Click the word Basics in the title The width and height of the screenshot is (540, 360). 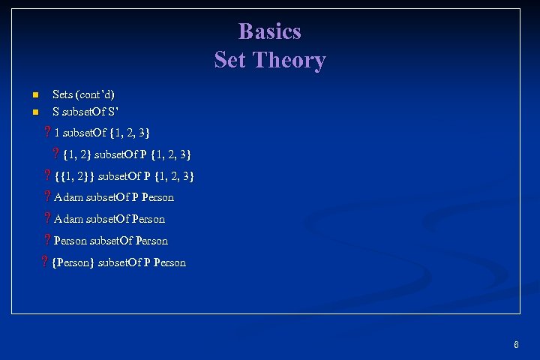(x=269, y=31)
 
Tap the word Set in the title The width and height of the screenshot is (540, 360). (x=230, y=60)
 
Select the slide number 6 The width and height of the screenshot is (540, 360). (x=516, y=345)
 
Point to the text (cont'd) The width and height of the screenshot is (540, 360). (x=95, y=94)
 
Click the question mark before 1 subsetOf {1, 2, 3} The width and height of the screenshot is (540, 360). (x=46, y=133)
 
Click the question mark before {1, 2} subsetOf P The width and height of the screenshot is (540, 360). (x=56, y=154)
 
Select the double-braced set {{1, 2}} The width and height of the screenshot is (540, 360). (x=75, y=176)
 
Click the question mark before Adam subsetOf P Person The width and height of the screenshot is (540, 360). (x=47, y=197)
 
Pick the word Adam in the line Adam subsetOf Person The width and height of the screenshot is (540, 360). (x=69, y=219)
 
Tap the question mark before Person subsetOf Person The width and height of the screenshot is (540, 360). (x=47, y=241)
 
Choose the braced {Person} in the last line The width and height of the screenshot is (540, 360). (x=73, y=262)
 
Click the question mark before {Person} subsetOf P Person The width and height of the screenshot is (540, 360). (x=44, y=262)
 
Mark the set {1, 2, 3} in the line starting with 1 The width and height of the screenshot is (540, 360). (x=129, y=133)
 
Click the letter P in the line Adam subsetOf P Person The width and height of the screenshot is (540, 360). (x=134, y=197)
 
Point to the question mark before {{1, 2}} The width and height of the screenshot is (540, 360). (x=47, y=176)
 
